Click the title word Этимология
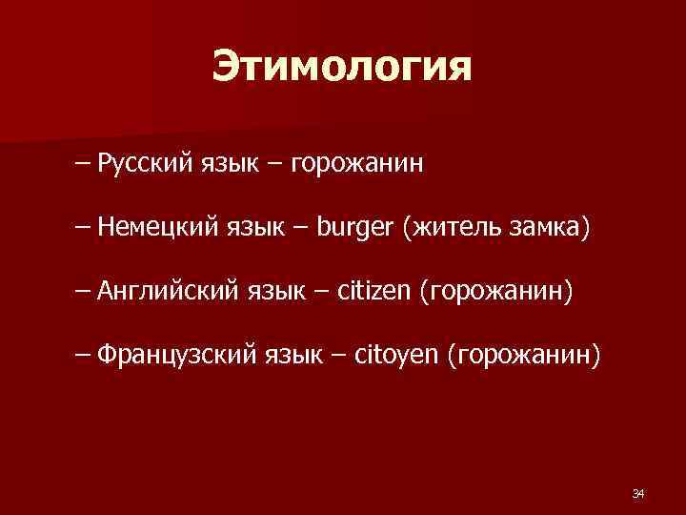[x=342, y=68]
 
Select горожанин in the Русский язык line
[x=357, y=164]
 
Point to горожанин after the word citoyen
[x=529, y=355]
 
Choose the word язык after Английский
[x=272, y=290]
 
